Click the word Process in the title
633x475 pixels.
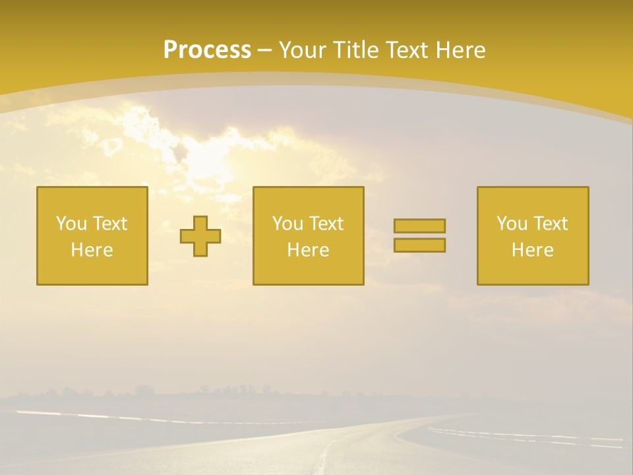207,50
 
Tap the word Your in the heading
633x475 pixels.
300,50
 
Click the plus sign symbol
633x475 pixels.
200,236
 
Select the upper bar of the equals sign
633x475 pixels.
419,226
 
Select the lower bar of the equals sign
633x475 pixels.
419,245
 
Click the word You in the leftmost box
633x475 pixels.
71,224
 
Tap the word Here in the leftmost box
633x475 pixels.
92,250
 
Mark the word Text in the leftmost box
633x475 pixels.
109,224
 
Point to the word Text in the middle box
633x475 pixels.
326,224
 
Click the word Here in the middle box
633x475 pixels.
309,250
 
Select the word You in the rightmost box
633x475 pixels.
512,224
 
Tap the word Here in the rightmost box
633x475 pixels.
533,250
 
